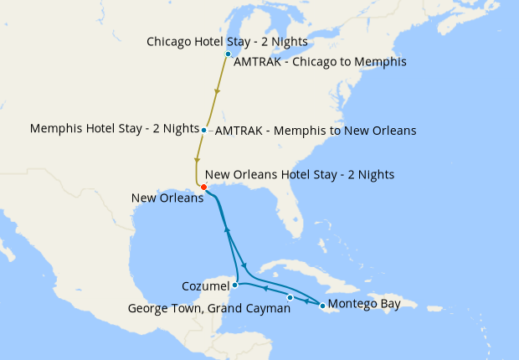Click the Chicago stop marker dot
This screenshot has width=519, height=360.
tap(228, 54)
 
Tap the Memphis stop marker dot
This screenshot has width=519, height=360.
tap(204, 130)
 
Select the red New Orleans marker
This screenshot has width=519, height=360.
tap(204, 187)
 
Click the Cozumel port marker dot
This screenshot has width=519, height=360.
tap(235, 285)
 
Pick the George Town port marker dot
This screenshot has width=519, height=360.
tap(290, 298)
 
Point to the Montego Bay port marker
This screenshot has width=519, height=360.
tap(322, 306)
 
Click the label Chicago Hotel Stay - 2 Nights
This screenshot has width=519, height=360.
tap(226, 41)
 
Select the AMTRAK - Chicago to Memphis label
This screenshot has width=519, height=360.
tap(321, 62)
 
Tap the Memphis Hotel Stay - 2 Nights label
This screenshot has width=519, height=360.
tap(114, 129)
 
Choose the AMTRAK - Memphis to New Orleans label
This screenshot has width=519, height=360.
tap(316, 131)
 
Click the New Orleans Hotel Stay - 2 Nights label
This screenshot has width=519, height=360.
tap(300, 174)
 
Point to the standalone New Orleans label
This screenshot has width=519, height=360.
tap(167, 198)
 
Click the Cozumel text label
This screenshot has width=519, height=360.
tap(206, 286)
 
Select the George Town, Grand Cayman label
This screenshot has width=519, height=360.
tap(208, 308)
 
